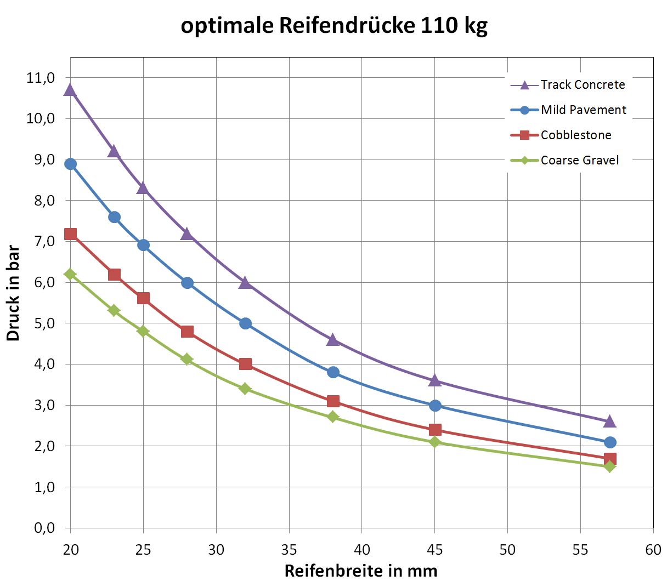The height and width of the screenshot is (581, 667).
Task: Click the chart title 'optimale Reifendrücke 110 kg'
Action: point(333,26)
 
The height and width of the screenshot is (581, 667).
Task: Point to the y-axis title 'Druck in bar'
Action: point(13,294)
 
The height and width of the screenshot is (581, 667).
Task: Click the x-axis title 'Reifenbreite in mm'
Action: point(361,571)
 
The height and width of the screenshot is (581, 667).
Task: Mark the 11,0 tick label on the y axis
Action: point(41,78)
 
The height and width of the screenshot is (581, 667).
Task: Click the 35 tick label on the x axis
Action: point(289,549)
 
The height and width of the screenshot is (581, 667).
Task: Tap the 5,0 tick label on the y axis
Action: point(41,323)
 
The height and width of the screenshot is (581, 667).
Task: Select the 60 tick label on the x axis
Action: point(653,549)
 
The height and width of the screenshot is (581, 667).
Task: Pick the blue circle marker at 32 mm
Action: point(245,323)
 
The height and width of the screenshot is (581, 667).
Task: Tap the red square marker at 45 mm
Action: point(435,430)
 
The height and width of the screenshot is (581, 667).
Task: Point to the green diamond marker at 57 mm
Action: point(609,466)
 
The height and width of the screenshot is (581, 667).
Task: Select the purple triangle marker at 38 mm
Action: point(333,340)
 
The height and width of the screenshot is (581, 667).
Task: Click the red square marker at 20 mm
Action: point(70,234)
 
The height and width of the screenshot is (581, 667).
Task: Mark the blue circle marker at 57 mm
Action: point(609,442)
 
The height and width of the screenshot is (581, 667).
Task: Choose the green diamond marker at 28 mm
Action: point(187,360)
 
